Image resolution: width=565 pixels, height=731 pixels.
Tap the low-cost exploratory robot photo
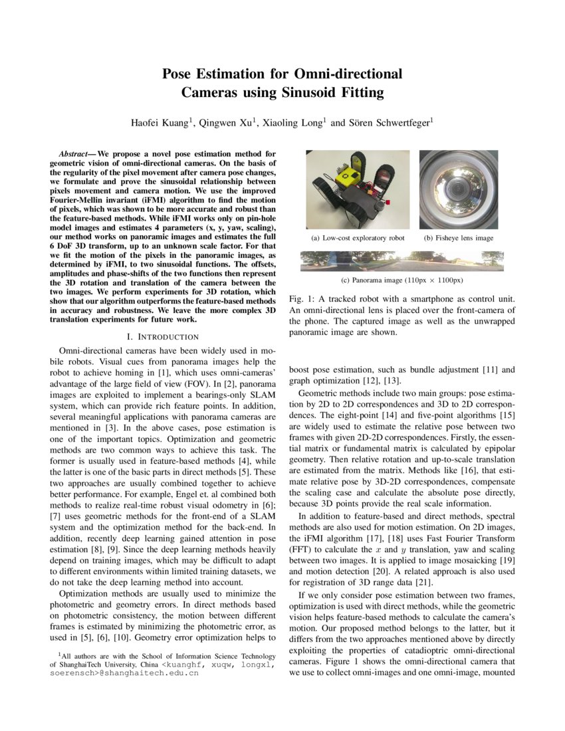[x=358, y=189]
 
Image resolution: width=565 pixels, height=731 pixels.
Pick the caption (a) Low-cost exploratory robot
[x=358, y=238]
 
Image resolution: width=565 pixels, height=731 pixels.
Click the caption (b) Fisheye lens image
[x=458, y=238]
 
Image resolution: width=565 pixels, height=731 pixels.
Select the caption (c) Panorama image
[x=401, y=280]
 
